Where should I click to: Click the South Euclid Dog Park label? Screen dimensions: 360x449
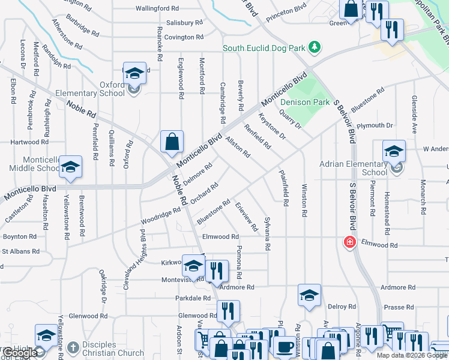(264, 48)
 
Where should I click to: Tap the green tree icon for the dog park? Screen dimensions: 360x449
(313, 47)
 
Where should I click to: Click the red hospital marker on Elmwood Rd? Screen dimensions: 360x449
(349, 242)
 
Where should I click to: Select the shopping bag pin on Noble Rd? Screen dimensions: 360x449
(172, 142)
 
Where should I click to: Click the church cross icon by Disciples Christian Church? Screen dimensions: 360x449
(72, 347)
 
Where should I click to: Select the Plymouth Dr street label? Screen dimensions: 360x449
(375, 125)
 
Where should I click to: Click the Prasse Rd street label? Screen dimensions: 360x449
(399, 307)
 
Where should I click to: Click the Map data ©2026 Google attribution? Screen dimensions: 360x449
(412, 355)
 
